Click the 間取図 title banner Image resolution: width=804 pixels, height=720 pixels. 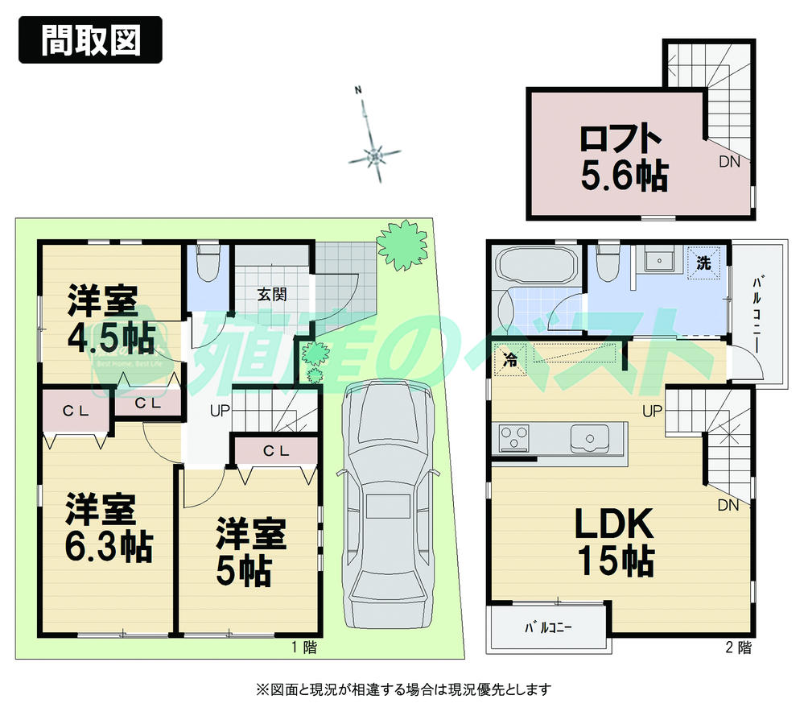click(x=90, y=39)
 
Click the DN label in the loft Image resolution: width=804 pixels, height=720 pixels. click(x=729, y=161)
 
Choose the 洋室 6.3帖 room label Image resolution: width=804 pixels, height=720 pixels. click(x=108, y=528)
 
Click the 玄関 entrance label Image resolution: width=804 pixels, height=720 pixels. click(x=272, y=294)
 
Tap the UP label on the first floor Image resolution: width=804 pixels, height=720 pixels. click(x=220, y=412)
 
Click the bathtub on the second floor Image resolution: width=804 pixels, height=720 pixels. click(x=535, y=265)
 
